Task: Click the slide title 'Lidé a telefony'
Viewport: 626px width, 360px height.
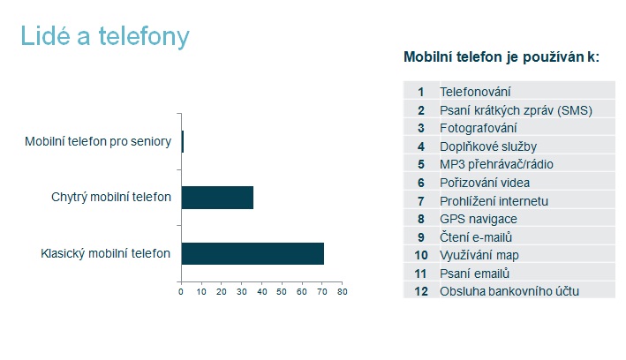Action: pyautogui.click(x=105, y=36)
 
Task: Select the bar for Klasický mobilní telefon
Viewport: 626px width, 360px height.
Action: pyautogui.click(x=253, y=253)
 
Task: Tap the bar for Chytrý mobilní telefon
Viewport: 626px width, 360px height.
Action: pyautogui.click(x=217, y=198)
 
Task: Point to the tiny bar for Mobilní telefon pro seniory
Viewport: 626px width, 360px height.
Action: pyautogui.click(x=183, y=142)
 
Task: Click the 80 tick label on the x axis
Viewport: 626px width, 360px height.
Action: pyautogui.click(x=343, y=292)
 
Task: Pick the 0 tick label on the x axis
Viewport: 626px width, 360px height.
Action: pyautogui.click(x=181, y=292)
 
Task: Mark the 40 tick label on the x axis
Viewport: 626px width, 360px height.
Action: pyautogui.click(x=262, y=292)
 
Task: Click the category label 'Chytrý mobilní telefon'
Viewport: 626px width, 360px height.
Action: pyautogui.click(x=111, y=197)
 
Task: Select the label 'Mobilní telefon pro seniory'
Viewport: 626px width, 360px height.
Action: pyautogui.click(x=98, y=141)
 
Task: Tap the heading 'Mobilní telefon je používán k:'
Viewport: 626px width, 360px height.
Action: pyautogui.click(x=502, y=57)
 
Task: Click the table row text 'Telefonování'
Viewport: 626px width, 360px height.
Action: pyautogui.click(x=475, y=92)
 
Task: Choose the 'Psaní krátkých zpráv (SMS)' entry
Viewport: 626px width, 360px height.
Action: pyautogui.click(x=516, y=110)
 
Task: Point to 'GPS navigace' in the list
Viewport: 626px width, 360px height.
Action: pyautogui.click(x=479, y=219)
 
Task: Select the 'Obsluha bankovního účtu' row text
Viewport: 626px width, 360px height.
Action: pyautogui.click(x=509, y=291)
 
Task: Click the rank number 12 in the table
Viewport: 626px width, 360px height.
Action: pyautogui.click(x=421, y=291)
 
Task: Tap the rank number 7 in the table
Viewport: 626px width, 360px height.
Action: pyautogui.click(x=421, y=201)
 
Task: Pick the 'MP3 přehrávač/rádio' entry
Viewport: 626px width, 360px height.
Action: pyautogui.click(x=496, y=164)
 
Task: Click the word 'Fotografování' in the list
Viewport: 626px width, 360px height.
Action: pyautogui.click(x=479, y=128)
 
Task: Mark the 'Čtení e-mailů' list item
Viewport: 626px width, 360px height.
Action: pyautogui.click(x=476, y=237)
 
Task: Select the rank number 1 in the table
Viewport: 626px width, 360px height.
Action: pyautogui.click(x=421, y=92)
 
